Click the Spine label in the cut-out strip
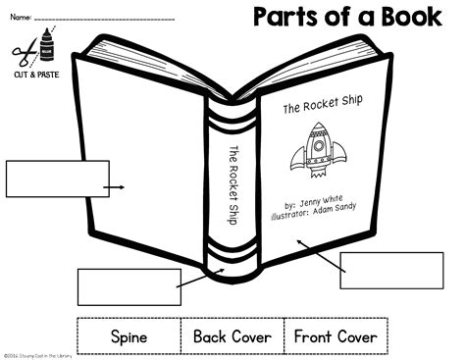tap(129, 336)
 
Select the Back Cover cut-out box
tap(232, 336)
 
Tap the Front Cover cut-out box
tap(336, 336)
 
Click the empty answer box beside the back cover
tap(57, 179)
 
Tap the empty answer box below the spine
tap(129, 285)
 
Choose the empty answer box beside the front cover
tap(378, 269)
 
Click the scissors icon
tap(19, 53)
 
